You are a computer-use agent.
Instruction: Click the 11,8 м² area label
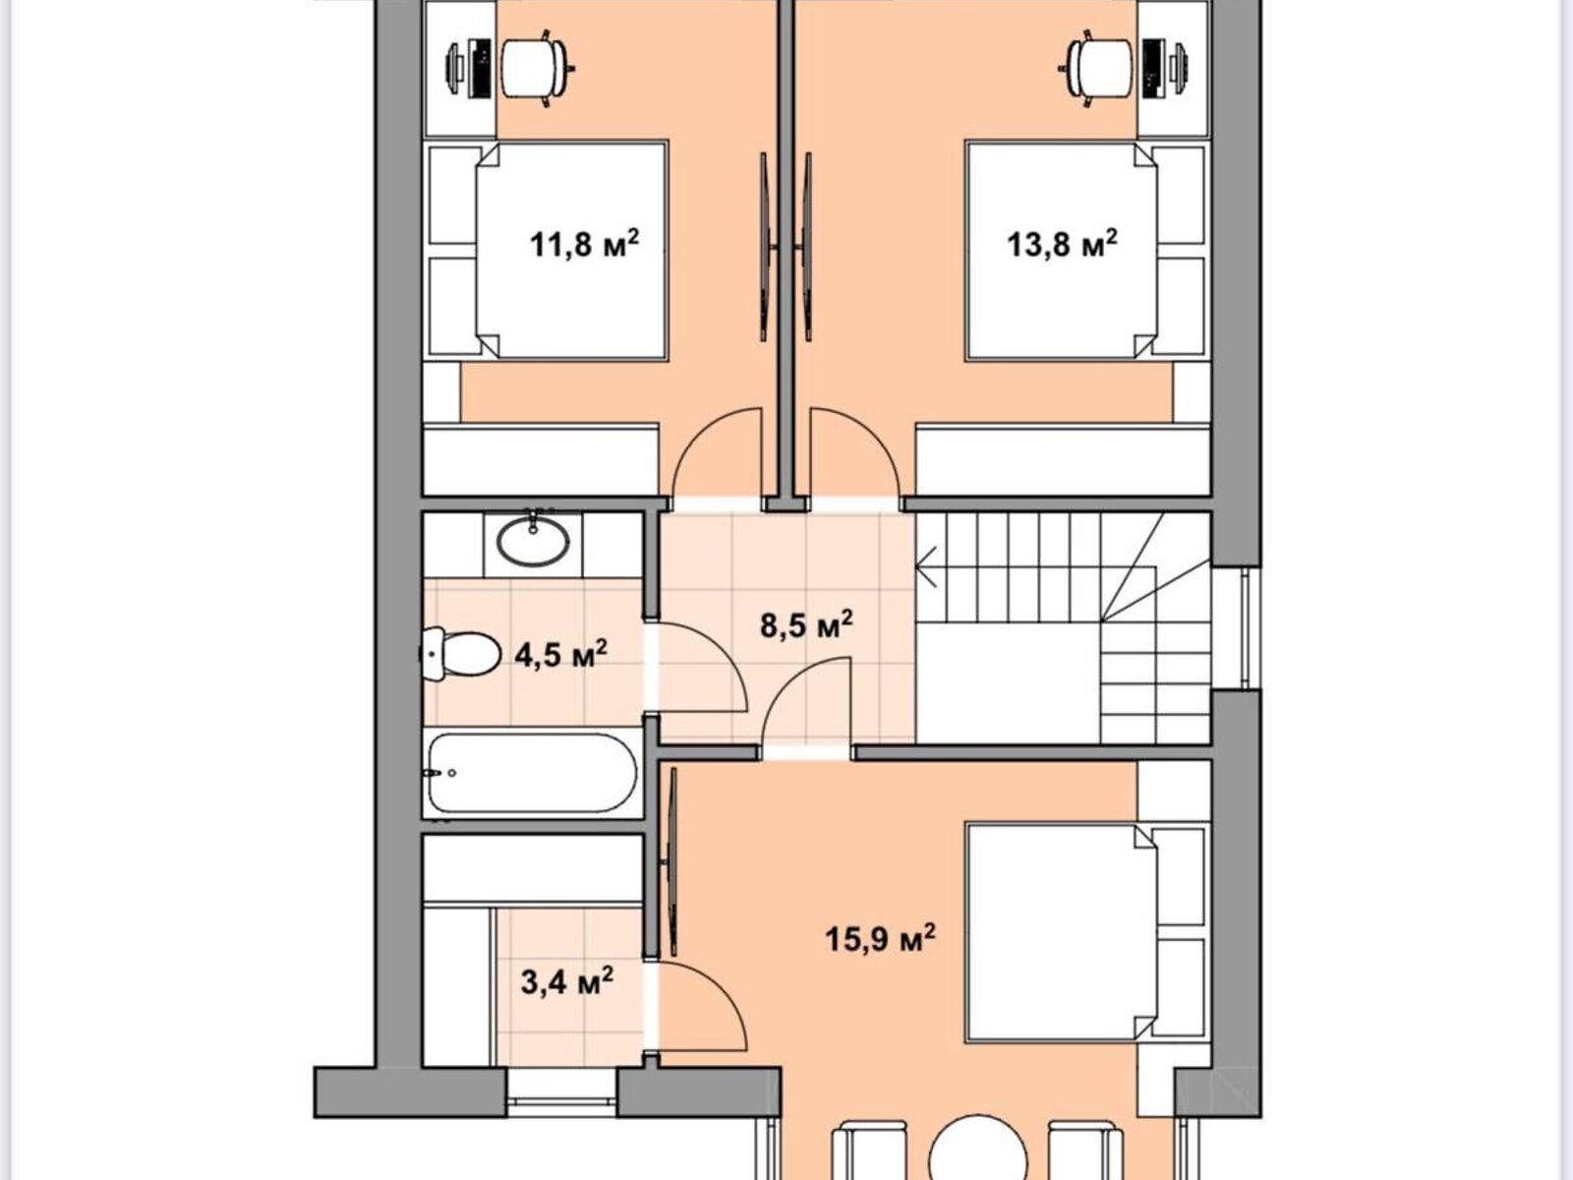[584, 244]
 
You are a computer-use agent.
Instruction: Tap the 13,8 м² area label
[1062, 244]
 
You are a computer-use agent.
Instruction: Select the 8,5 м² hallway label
[806, 624]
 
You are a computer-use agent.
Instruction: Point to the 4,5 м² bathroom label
[561, 654]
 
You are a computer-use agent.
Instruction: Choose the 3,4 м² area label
[567, 980]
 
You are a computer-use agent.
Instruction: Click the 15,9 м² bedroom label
[881, 938]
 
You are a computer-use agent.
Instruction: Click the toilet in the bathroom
[459, 654]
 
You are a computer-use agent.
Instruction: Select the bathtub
[533, 774]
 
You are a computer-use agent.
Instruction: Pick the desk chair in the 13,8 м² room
[1096, 68]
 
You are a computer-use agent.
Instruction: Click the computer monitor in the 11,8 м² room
[454, 68]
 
